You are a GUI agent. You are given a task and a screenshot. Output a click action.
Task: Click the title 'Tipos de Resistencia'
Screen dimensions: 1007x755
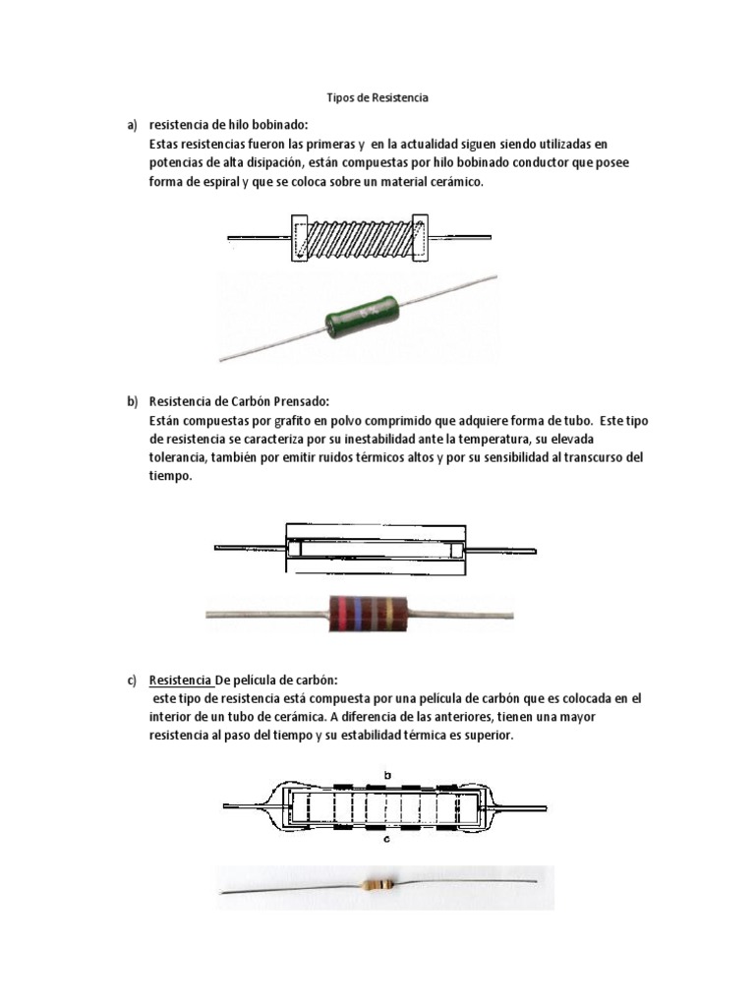point(377,98)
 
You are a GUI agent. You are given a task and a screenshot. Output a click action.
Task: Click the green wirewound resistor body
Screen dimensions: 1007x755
point(359,316)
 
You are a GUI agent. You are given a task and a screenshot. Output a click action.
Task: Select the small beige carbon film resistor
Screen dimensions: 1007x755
point(379,884)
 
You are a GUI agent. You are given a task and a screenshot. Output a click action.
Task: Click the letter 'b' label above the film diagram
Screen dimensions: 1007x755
point(387,776)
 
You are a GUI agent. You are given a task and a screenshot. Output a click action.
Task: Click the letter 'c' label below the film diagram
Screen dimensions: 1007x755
point(387,840)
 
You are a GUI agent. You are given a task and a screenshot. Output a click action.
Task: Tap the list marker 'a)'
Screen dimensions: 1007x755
point(132,125)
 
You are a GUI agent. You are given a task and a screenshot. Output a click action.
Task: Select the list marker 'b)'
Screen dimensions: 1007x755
point(132,401)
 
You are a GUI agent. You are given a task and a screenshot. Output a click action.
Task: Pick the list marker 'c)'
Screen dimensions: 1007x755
point(132,680)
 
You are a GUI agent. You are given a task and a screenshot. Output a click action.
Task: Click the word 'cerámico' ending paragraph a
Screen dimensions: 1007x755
point(456,182)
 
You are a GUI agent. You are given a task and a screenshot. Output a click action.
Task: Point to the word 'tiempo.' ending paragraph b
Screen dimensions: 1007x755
point(170,476)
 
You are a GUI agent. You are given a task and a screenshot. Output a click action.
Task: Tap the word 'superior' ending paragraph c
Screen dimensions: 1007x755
point(489,736)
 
